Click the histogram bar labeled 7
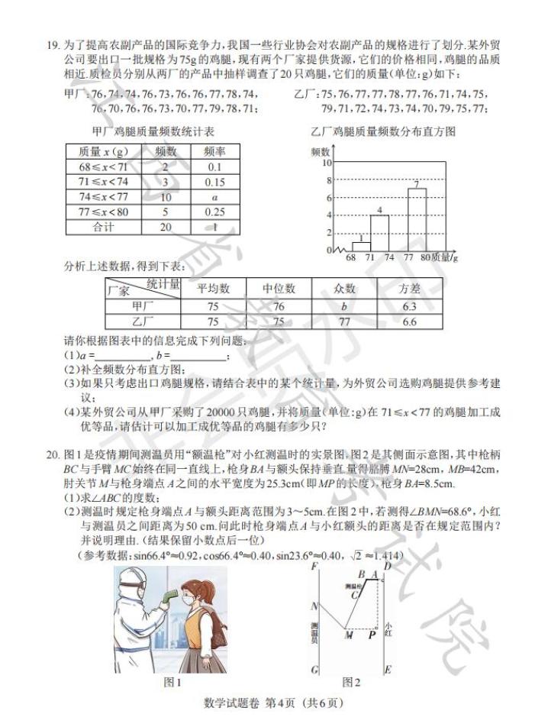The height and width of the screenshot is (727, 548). (x=417, y=219)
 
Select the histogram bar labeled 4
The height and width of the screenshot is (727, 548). (x=380, y=233)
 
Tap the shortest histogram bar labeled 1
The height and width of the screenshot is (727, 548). (x=360, y=246)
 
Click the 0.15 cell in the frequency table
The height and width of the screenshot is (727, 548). (x=214, y=182)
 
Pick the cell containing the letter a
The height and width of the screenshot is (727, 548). (x=214, y=197)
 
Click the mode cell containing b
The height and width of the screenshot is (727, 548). (x=344, y=306)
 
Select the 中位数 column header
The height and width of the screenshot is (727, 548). (x=279, y=289)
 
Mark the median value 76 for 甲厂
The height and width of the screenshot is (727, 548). (x=279, y=306)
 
